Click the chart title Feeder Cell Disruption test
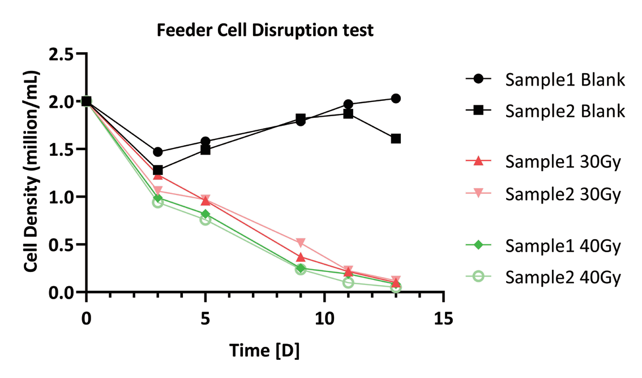click(265, 30)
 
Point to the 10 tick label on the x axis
click(324, 318)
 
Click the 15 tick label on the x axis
click(444, 318)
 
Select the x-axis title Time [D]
click(264, 351)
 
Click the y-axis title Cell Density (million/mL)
click(32, 172)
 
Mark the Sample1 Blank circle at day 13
click(396, 99)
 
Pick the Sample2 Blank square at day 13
click(396, 138)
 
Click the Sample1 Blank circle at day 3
click(158, 152)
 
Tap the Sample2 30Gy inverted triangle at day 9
click(301, 243)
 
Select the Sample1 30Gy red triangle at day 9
click(301, 257)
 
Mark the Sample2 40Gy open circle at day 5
click(206, 219)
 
